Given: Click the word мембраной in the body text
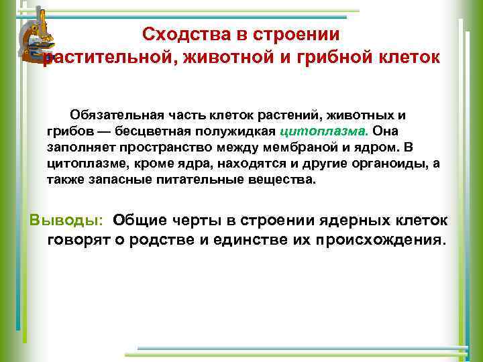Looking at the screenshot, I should pyautogui.click(x=297, y=148).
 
